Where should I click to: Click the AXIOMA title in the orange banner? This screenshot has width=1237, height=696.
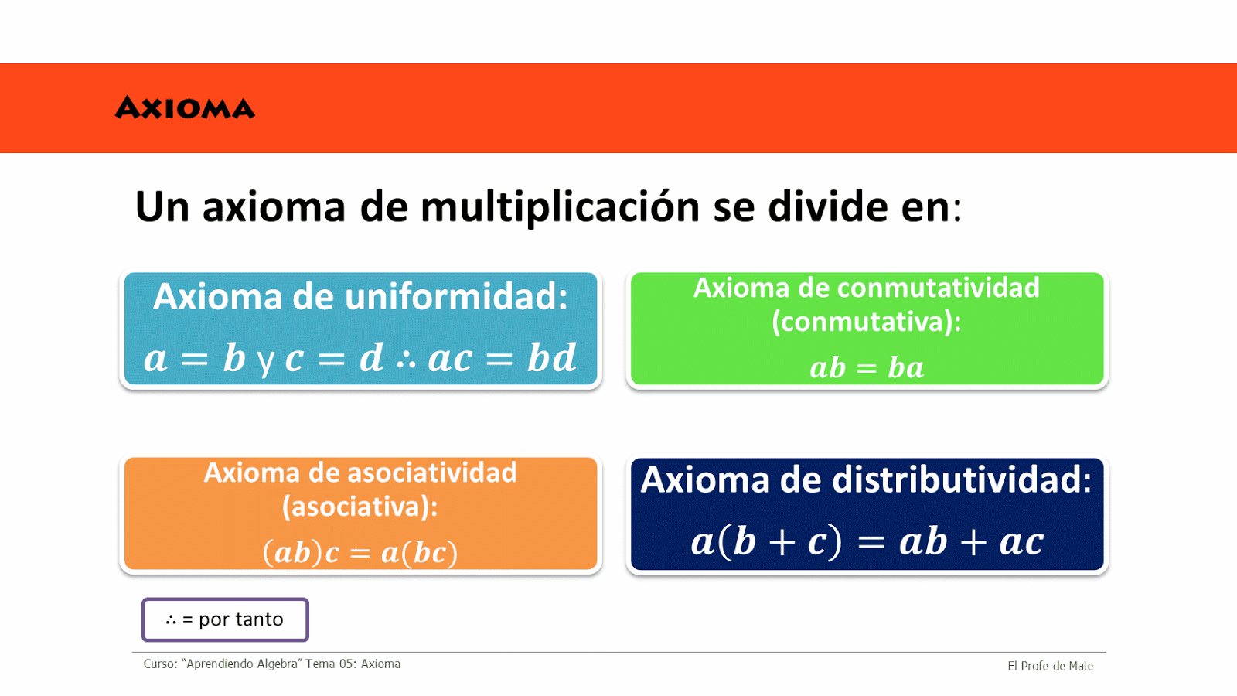click(185, 107)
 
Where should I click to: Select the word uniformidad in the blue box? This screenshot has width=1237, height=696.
click(457, 297)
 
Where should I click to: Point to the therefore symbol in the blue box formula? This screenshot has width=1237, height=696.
click(407, 360)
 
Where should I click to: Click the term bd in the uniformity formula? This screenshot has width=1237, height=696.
click(552, 357)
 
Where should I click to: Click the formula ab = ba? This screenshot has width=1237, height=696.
click(867, 368)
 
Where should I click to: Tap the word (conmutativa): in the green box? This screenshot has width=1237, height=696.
click(867, 322)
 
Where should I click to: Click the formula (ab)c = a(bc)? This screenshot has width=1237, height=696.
click(360, 552)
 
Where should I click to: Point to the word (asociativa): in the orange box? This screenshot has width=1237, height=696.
click(360, 507)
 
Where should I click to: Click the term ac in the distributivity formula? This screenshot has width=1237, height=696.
click(1021, 542)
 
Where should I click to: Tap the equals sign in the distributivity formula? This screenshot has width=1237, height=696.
click(871, 542)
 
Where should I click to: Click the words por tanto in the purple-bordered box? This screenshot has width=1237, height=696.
click(240, 620)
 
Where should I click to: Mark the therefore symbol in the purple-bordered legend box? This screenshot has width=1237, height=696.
click(171, 620)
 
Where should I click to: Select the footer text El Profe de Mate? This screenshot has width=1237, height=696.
click(1051, 666)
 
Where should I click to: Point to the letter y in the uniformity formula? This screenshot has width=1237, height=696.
click(266, 362)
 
